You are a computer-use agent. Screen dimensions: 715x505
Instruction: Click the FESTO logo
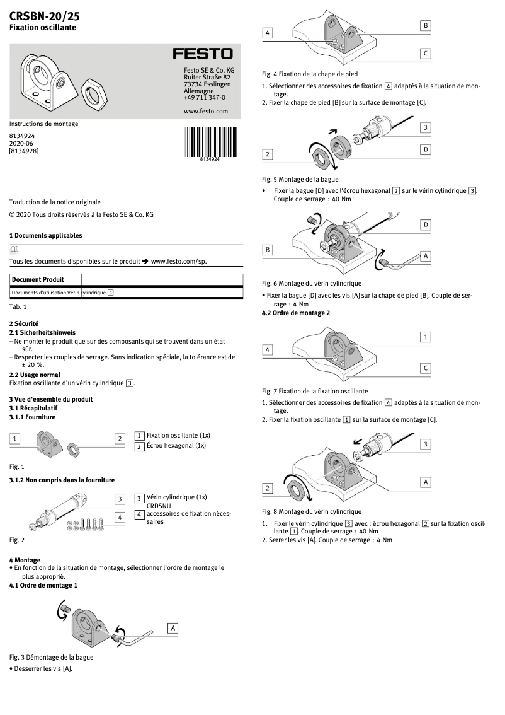[203, 54]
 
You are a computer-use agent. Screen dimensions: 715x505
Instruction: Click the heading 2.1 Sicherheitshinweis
[42, 332]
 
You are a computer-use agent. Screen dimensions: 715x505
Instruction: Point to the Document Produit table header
[38, 279]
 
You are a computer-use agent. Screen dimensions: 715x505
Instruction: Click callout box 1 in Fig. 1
[15, 438]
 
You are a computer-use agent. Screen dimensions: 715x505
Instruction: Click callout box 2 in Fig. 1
[119, 438]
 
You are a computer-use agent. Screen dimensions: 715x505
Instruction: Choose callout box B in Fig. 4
[426, 25]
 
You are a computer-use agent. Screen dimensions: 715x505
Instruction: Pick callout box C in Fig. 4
[426, 54]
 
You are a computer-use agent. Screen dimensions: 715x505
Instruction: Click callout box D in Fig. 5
[426, 149]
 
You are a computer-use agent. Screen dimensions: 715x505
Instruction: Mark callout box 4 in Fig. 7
[268, 349]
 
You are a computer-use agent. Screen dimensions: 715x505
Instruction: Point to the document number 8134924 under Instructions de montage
[22, 136]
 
